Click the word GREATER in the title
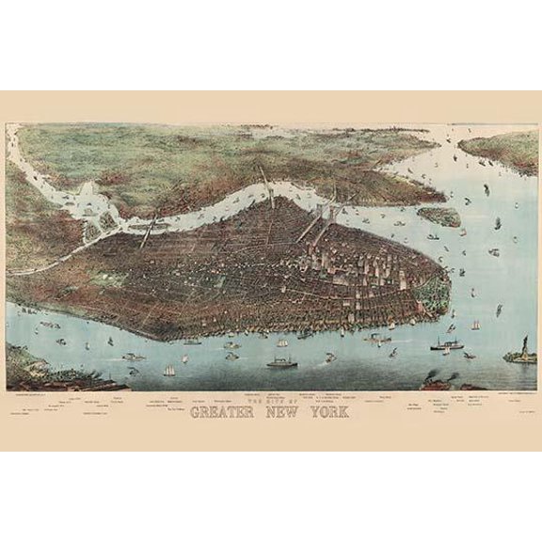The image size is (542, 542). pos(232,412)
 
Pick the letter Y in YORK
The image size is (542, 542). pos(317,412)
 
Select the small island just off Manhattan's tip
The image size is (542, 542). pos(438,215)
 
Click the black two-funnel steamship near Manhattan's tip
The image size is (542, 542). pos(446,345)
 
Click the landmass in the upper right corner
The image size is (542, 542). pos(503,151)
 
